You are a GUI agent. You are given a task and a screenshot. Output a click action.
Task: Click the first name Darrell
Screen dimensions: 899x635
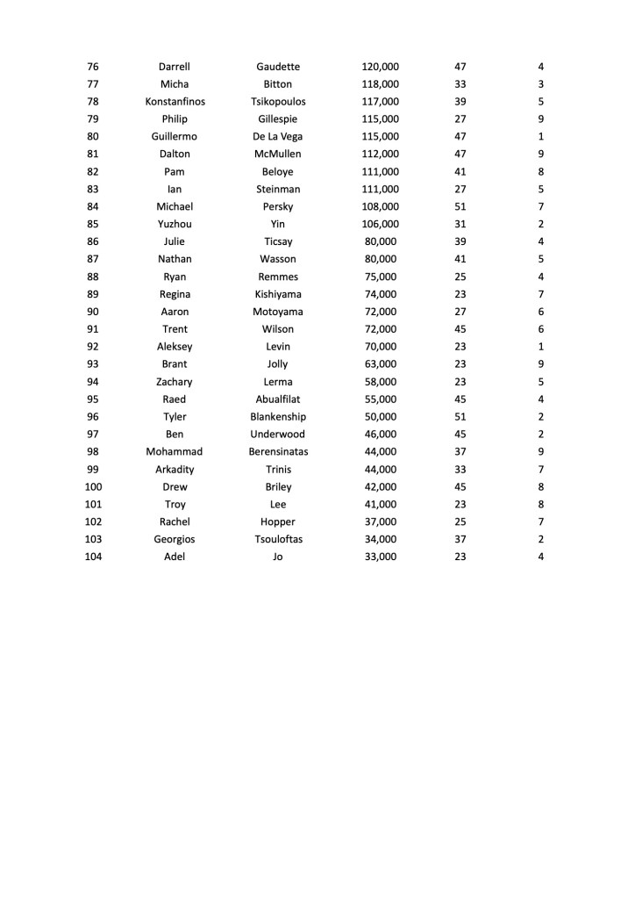175,67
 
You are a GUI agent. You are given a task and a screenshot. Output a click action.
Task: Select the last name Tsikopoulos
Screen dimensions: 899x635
278,102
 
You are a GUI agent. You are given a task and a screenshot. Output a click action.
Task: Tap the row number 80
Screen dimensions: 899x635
93,137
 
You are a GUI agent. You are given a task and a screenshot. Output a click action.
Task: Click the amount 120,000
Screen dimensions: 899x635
380,67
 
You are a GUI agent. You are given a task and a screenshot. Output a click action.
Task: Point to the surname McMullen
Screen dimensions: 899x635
278,155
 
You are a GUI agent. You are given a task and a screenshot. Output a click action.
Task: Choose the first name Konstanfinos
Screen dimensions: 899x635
175,102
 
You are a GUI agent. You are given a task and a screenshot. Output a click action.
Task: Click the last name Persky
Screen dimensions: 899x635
278,207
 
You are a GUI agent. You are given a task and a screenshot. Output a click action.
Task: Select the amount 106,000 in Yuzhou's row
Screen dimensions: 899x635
380,224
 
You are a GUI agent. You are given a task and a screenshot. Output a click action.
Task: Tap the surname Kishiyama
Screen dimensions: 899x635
278,294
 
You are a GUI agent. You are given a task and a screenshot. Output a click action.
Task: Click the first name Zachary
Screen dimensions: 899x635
175,382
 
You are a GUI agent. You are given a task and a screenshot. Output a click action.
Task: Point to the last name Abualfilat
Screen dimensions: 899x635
278,399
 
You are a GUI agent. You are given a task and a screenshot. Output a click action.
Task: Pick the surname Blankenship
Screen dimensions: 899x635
278,417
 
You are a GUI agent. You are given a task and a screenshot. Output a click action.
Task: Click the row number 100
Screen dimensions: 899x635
93,487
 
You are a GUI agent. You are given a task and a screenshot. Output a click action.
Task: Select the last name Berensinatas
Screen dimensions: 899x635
278,452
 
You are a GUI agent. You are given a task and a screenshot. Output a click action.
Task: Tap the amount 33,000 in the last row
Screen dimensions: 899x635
380,557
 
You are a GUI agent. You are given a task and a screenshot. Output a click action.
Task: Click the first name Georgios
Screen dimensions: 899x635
175,539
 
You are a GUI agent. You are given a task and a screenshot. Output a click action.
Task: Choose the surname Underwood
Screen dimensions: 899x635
278,435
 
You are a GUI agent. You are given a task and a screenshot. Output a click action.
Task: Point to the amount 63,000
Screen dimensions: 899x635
380,364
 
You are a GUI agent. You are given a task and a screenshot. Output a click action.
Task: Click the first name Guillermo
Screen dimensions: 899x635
175,137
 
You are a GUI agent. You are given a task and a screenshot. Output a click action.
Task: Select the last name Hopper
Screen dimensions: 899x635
278,521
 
